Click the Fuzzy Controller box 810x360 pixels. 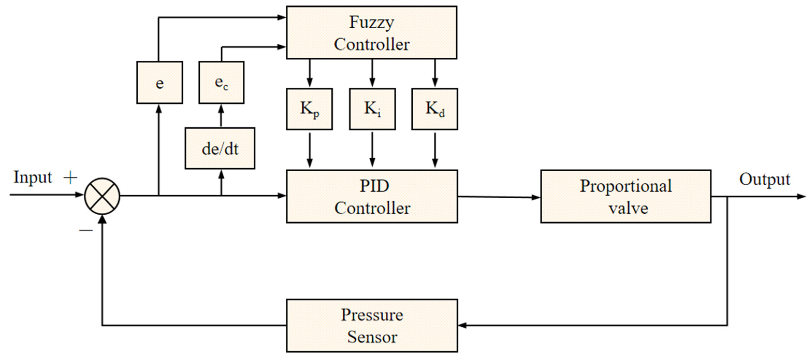click(x=371, y=32)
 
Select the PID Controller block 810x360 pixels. click(x=372, y=196)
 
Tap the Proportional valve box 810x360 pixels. click(x=625, y=196)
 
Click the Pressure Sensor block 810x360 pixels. click(x=372, y=325)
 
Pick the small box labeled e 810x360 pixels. click(x=159, y=82)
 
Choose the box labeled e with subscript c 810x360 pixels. click(x=221, y=82)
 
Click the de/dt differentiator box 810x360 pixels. click(x=220, y=148)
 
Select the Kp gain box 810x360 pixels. click(x=309, y=109)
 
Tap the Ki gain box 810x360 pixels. click(x=372, y=109)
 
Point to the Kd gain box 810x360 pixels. click(x=435, y=109)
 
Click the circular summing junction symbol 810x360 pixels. click(x=102, y=196)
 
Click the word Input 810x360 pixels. click(x=33, y=177)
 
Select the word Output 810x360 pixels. click(x=764, y=180)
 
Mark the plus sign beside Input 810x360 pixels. click(x=70, y=178)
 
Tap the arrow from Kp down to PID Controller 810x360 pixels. click(x=309, y=150)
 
